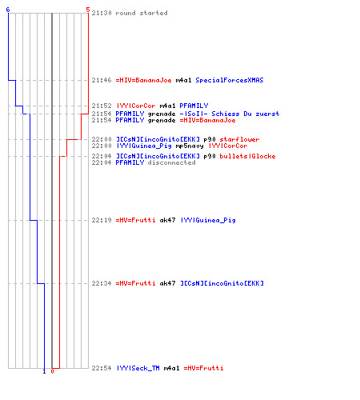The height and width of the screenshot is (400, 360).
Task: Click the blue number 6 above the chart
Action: [8, 10]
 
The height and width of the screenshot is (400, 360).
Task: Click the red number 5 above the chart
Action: [88, 10]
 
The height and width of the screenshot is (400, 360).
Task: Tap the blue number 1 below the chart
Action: [44, 371]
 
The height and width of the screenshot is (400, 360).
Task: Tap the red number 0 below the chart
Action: [52, 371]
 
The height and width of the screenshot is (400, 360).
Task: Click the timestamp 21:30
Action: [102, 13]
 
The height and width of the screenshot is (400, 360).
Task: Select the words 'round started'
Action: [142, 13]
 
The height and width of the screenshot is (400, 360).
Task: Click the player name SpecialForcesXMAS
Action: [230, 80]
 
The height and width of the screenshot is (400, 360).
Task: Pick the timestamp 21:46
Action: [102, 80]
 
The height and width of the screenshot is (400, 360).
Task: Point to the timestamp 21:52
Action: [102, 106]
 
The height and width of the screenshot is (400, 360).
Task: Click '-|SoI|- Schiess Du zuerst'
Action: [230, 114]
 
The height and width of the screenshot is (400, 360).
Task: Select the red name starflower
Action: [239, 139]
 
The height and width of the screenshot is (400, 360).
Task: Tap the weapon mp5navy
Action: [190, 146]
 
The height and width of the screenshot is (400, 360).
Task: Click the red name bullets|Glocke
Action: [247, 156]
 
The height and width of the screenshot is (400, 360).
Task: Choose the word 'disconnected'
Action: [171, 162]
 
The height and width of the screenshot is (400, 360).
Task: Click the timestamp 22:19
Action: [102, 220]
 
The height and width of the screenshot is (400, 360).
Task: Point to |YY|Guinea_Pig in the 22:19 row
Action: [208, 220]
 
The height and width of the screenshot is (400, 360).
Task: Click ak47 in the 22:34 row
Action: [167, 283]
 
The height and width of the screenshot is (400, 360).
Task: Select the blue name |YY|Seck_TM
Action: [138, 368]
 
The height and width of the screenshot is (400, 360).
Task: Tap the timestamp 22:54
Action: [102, 368]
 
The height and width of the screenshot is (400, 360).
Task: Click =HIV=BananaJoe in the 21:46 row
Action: [144, 80]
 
